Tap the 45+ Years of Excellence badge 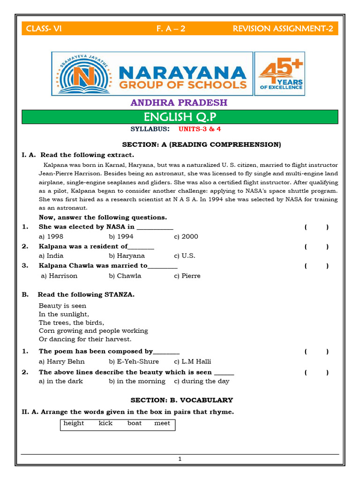pos(280,74)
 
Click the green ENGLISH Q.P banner pos(180,117)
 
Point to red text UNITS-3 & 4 pos(199,128)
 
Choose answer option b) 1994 pos(121,236)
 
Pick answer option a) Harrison pos(59,276)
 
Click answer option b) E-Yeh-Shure pos(134,361)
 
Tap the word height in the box pos(74,423)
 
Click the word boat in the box pos(135,423)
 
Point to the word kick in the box pos(106,423)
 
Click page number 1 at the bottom pos(180,459)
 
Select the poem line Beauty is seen pos(62,306)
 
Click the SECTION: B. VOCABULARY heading pos(181,400)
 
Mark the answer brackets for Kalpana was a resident pos(316,247)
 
